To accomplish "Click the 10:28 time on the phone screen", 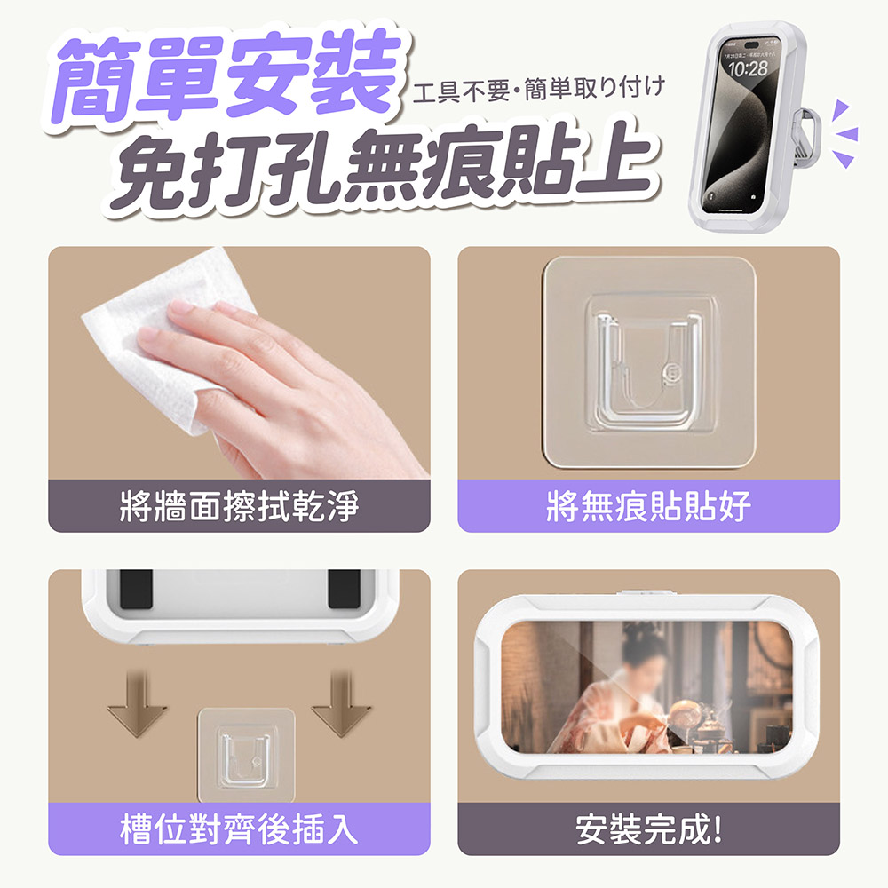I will (x=747, y=68).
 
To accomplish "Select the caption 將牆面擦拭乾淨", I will (x=239, y=507).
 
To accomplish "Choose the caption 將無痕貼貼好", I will (x=648, y=507).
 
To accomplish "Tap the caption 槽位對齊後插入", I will (x=239, y=830).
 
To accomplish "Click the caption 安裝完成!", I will (x=648, y=830).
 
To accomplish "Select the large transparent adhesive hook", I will (x=647, y=364).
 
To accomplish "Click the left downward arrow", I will (x=137, y=706).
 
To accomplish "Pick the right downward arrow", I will (x=341, y=706).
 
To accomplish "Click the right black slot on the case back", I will (x=345, y=589).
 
